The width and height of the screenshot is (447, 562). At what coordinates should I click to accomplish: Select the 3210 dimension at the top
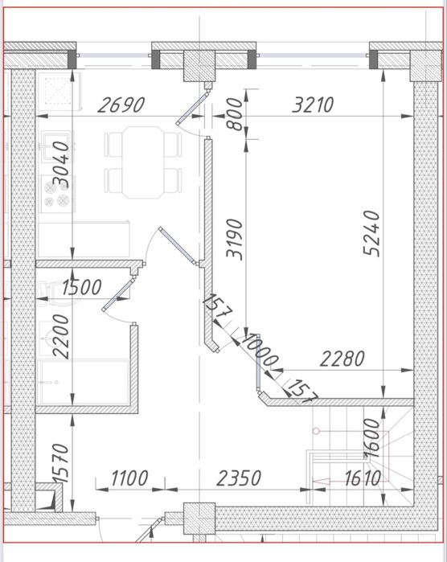point(313,105)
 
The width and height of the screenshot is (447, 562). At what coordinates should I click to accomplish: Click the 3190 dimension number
point(234,237)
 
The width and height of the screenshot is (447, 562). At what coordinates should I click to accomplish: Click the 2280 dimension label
point(342,359)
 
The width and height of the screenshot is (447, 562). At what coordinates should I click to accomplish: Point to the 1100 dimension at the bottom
point(128,479)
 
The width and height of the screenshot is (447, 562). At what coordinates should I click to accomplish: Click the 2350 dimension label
point(239,479)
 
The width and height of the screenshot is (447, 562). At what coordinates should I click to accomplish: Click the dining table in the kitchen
point(142,163)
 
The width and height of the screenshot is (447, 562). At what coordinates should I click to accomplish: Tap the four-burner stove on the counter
point(55,193)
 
